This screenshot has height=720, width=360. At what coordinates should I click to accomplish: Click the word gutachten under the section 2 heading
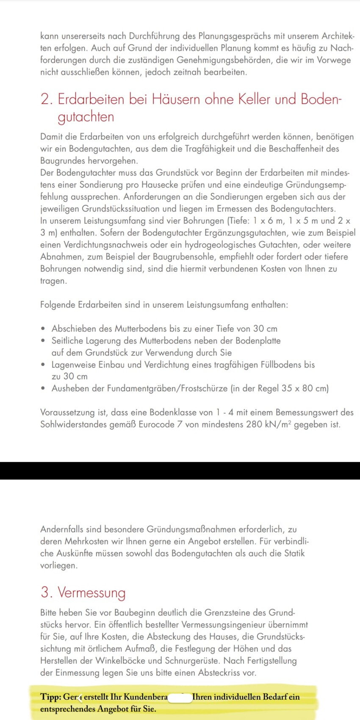(86, 117)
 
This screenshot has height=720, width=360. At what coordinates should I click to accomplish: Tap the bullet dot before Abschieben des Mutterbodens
(43, 329)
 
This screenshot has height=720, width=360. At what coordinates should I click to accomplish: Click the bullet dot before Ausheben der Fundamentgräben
(43, 388)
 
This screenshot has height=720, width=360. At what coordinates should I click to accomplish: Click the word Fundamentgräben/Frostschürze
(160, 388)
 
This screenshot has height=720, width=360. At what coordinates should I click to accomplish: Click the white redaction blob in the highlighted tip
(180, 697)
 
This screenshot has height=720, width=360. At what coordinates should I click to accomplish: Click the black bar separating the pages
(180, 471)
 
